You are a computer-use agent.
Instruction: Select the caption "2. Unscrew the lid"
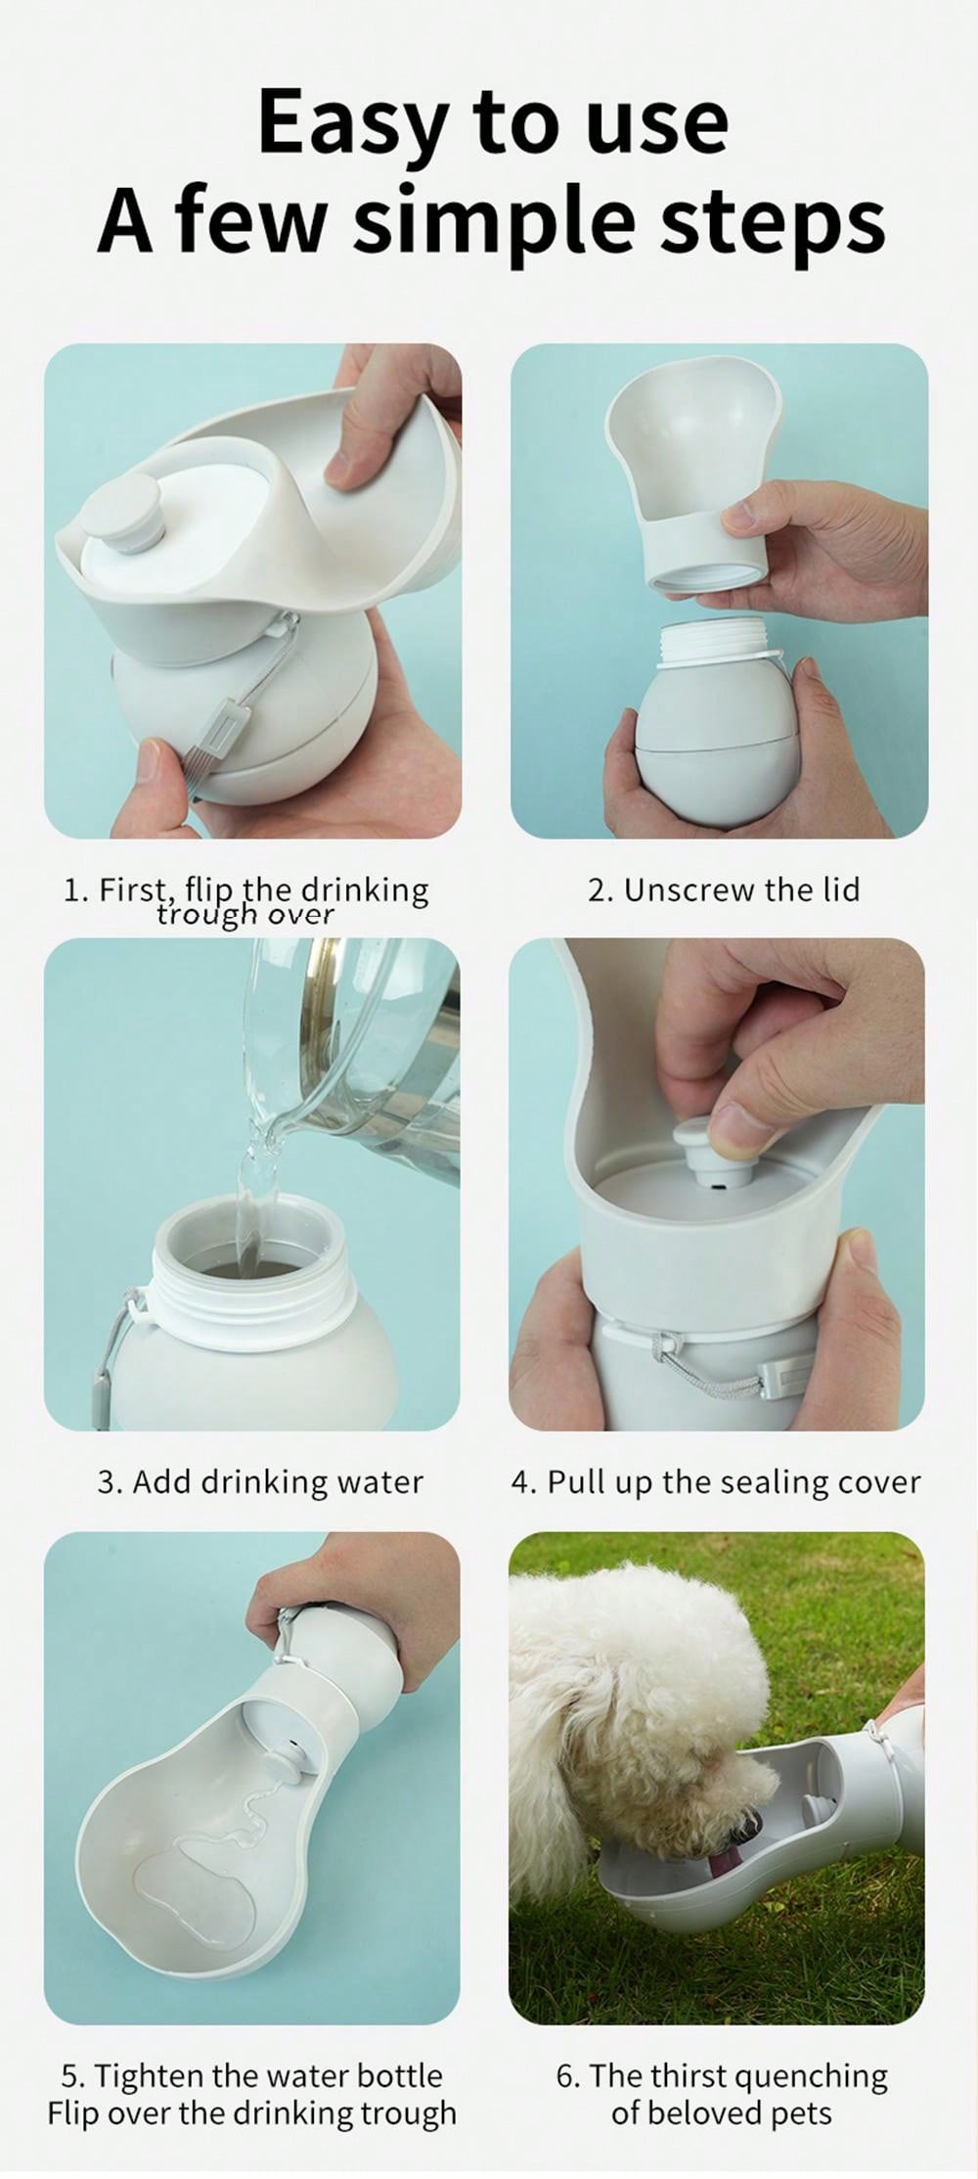(x=724, y=889)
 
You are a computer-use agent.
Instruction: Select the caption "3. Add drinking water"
(x=260, y=1481)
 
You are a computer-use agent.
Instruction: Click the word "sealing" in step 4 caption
(x=772, y=1482)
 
